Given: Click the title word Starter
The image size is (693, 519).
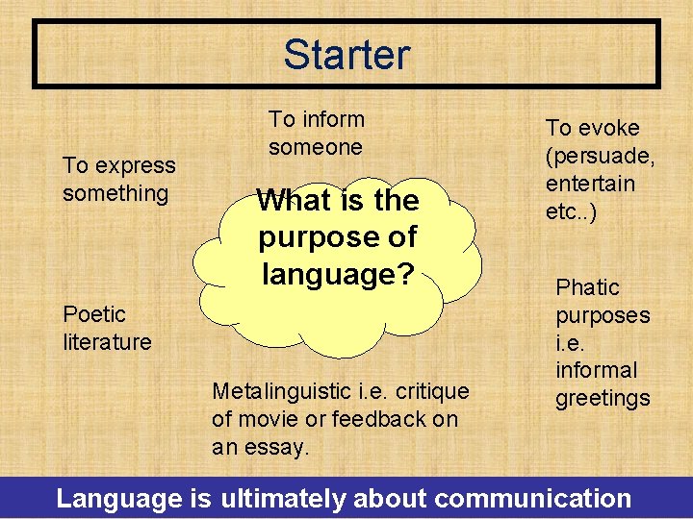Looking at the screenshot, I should tap(346, 55).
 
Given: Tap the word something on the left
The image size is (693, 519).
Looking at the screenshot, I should tap(115, 193).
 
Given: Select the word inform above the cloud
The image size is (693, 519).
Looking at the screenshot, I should tap(333, 120).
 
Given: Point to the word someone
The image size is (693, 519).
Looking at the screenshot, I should tap(316, 147).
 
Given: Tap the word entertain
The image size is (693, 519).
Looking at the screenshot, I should tap(591, 184).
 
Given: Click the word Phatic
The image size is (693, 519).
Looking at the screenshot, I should tap(588, 288).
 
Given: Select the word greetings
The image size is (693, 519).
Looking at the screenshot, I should tap(603, 398).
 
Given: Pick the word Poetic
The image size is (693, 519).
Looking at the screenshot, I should tap(94, 314).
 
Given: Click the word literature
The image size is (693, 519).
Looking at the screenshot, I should tap(107, 342).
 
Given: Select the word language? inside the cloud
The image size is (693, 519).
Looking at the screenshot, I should tap(338, 275).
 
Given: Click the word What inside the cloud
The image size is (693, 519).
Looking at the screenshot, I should tap(293, 201).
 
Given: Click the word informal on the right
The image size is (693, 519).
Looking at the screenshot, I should tap(597, 370).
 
